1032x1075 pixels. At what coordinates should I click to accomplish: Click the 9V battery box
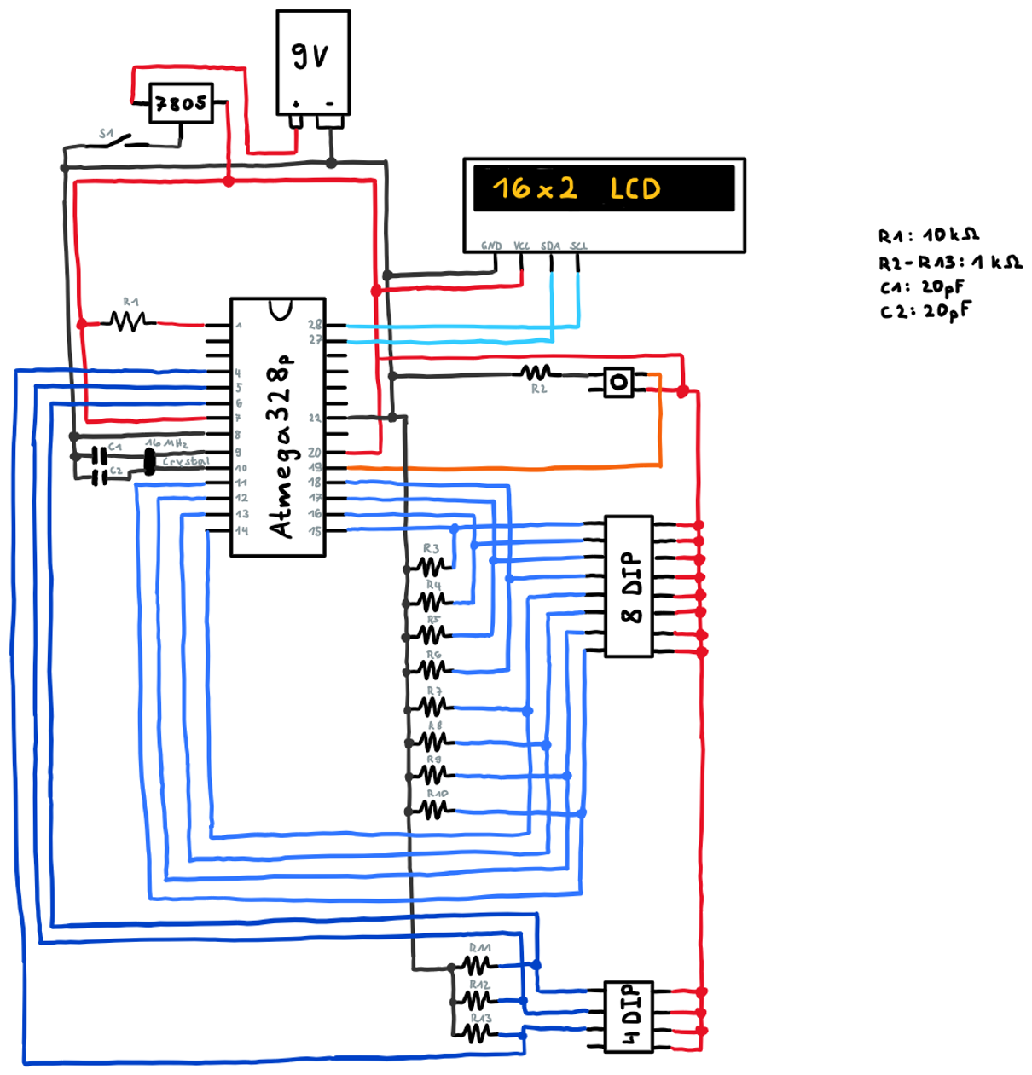point(313,62)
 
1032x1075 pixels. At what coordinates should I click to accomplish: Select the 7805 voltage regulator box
point(181,103)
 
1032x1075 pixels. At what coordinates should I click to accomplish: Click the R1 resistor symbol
point(129,321)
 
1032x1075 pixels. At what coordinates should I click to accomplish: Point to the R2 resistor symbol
point(537,373)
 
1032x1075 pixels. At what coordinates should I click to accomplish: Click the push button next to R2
point(619,381)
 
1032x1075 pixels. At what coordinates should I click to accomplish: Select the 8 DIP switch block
point(629,586)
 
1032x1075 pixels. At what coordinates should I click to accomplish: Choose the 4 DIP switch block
point(628,1015)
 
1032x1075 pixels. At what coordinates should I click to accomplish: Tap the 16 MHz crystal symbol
point(150,462)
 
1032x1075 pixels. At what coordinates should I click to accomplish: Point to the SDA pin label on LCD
point(551,246)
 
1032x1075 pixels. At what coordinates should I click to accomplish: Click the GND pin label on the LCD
point(491,246)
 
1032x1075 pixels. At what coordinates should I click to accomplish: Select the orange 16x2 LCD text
point(577,188)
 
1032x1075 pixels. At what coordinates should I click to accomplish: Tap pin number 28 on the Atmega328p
point(315,325)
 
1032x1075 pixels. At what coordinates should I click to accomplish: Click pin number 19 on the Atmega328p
point(315,467)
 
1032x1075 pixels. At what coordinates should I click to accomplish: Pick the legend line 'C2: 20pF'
point(925,310)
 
